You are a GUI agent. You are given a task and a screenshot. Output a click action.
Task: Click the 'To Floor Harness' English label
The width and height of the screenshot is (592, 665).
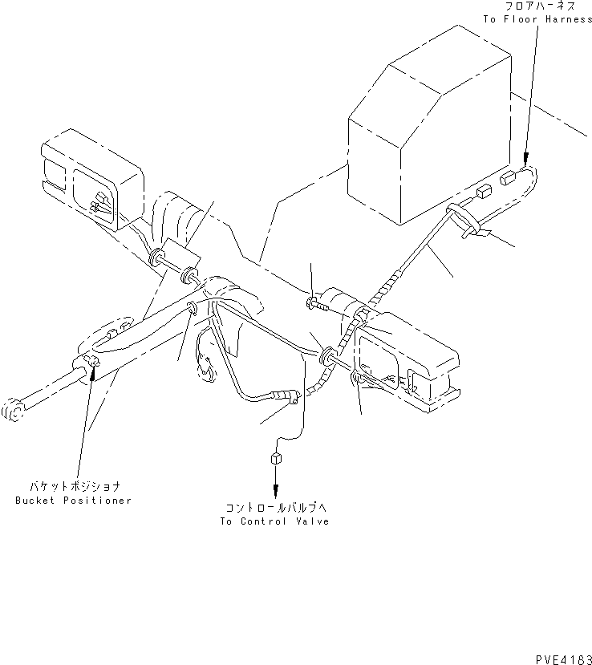coord(538,19)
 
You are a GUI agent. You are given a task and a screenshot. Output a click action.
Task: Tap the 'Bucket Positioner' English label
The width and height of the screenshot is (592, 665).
coord(73,501)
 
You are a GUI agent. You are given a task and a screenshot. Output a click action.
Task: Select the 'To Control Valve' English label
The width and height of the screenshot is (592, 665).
coord(275,521)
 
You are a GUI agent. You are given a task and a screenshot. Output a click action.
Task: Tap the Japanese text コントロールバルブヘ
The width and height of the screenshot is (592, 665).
coord(275,509)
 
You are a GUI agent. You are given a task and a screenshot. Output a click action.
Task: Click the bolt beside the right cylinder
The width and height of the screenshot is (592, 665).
coord(314,304)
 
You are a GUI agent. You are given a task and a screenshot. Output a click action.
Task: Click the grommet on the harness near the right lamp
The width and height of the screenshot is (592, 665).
coord(328,356)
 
